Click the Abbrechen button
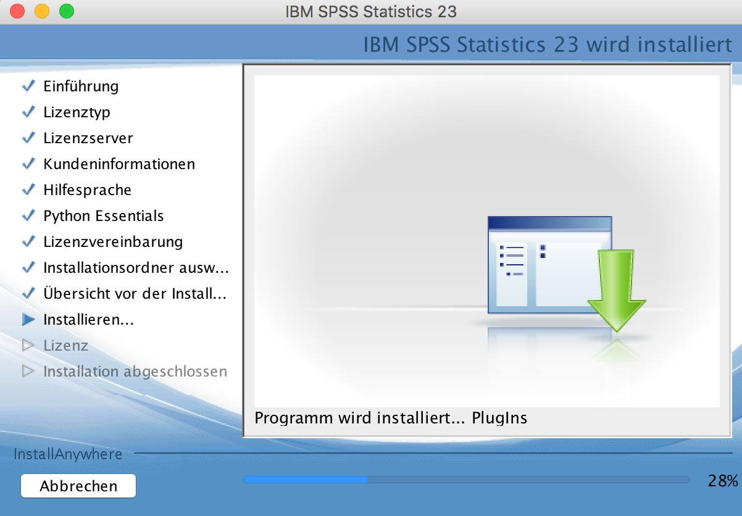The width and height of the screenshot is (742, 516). (x=78, y=486)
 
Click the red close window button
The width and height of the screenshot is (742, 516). (x=17, y=11)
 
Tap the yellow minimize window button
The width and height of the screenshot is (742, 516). (x=42, y=11)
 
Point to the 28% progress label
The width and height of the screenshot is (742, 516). (x=723, y=481)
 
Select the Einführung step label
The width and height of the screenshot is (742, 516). (x=81, y=86)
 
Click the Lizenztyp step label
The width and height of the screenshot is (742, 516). (x=77, y=112)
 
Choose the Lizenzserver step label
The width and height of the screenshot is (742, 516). (x=88, y=138)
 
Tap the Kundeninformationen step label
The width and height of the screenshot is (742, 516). (x=119, y=164)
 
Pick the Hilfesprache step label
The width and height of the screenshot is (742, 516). (x=88, y=190)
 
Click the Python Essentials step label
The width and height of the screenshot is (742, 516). (x=103, y=216)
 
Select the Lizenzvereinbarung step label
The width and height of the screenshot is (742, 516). (x=113, y=242)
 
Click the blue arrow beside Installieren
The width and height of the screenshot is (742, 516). (x=28, y=319)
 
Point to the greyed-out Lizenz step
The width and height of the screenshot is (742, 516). (x=65, y=346)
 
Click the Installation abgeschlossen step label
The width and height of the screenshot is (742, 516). (x=135, y=372)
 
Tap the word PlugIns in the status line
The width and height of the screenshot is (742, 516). (x=499, y=418)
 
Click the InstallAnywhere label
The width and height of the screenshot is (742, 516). (x=68, y=454)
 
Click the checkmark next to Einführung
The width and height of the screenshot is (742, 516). (x=28, y=86)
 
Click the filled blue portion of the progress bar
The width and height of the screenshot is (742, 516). (x=305, y=480)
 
